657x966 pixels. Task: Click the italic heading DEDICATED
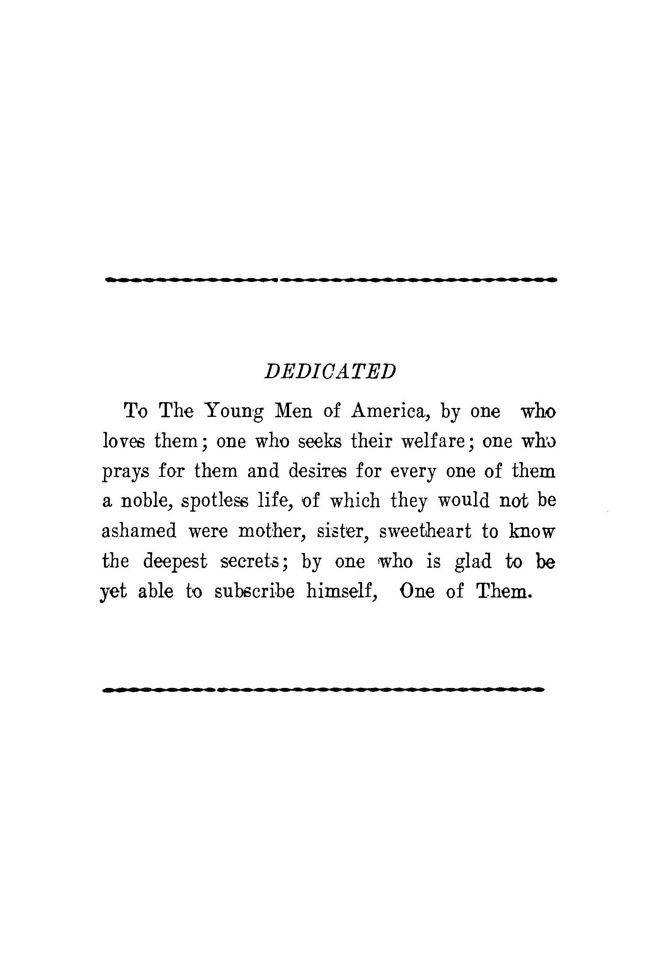330,371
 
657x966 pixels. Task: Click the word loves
123,440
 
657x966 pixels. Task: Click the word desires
317,471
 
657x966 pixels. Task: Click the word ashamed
139,531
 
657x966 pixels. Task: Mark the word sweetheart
425,531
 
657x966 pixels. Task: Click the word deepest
175,562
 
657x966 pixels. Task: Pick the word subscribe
254,592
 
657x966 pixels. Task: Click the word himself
342,592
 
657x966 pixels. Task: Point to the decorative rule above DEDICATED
331,280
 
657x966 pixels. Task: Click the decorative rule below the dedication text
323,690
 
